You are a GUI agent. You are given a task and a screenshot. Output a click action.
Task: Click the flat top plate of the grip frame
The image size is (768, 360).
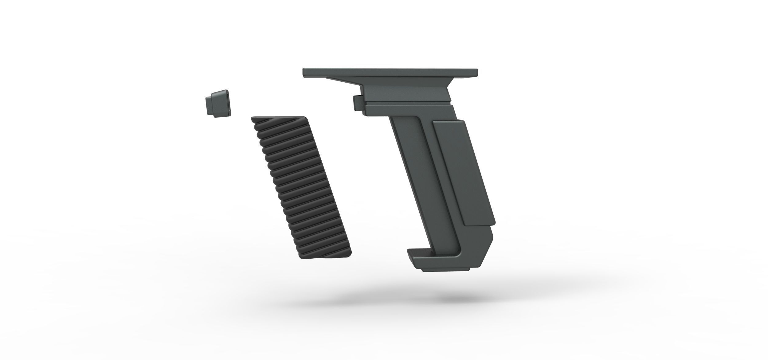pos(390,72)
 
